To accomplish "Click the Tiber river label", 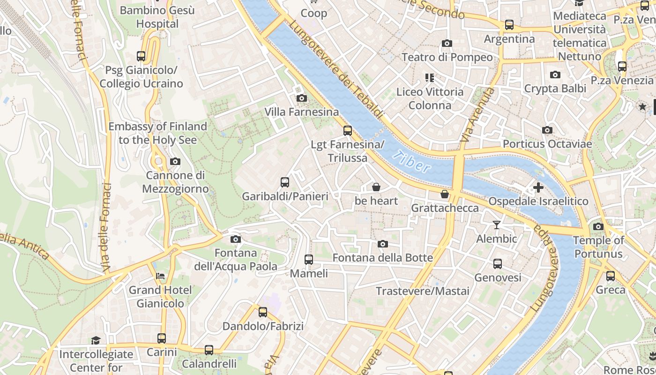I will point(412,162).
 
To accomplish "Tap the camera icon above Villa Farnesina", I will point(302,98).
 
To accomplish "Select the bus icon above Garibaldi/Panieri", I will point(284,182).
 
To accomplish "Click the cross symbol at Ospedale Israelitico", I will point(538,187).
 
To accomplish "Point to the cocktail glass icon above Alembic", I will point(497,225).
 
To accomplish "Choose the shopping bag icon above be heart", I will point(376,187).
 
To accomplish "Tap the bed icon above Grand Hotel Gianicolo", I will point(160,276).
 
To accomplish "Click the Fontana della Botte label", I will point(382,258).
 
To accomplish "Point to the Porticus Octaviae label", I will point(547,144).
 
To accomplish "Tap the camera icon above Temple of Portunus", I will point(598,227).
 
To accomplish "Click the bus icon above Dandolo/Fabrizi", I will point(263,312).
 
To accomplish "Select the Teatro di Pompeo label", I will point(447,57).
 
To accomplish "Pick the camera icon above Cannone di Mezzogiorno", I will point(175,162).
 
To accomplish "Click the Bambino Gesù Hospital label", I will point(157,17).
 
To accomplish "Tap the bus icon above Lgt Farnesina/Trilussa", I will point(347,131).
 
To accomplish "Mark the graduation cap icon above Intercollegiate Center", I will point(96,340).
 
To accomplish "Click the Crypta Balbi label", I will point(555,89).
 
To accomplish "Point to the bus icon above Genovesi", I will point(498,264).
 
